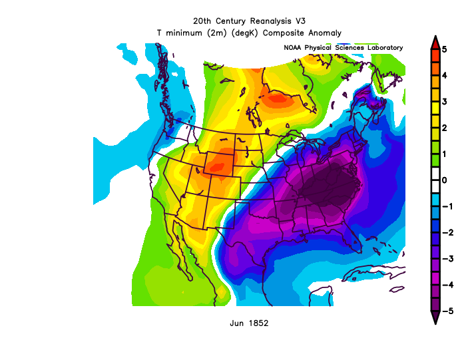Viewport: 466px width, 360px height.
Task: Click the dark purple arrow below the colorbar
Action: coord(435,317)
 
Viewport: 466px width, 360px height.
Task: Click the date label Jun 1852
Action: coord(248,323)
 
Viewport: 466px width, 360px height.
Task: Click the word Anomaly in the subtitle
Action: coord(324,33)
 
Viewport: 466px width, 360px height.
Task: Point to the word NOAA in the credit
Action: coord(293,48)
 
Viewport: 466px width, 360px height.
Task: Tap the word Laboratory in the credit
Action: coord(382,48)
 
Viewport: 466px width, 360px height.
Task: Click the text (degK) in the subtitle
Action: coord(247,33)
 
